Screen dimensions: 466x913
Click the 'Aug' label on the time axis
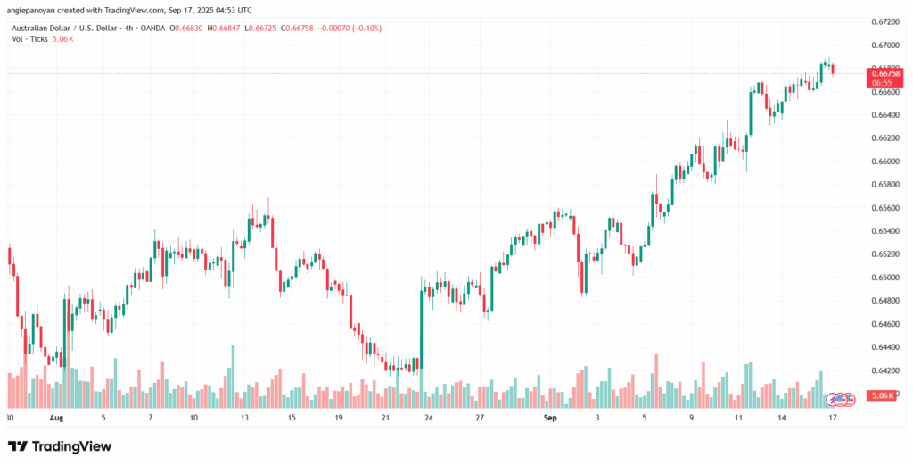(x=56, y=417)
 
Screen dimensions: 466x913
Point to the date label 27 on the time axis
(x=479, y=417)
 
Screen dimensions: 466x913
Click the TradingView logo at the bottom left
(x=60, y=445)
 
